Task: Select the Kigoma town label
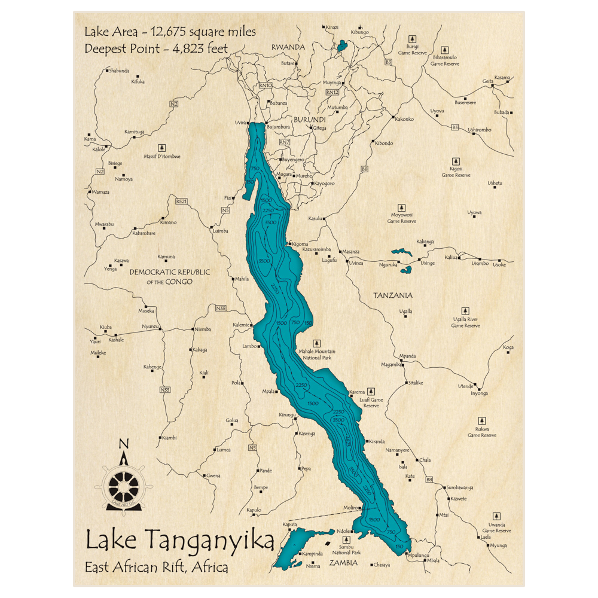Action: click(300, 244)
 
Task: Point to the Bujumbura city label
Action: click(278, 127)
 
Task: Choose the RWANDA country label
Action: click(288, 47)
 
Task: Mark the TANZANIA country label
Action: click(393, 295)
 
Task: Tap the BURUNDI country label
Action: click(309, 120)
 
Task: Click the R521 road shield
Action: click(181, 202)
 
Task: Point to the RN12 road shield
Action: click(332, 93)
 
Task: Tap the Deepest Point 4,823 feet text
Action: click(156, 48)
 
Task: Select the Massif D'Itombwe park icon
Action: click(161, 147)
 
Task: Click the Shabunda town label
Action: click(118, 71)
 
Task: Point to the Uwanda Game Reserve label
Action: click(496, 527)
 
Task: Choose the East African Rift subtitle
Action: click(157, 567)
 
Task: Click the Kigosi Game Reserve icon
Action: click(456, 161)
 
